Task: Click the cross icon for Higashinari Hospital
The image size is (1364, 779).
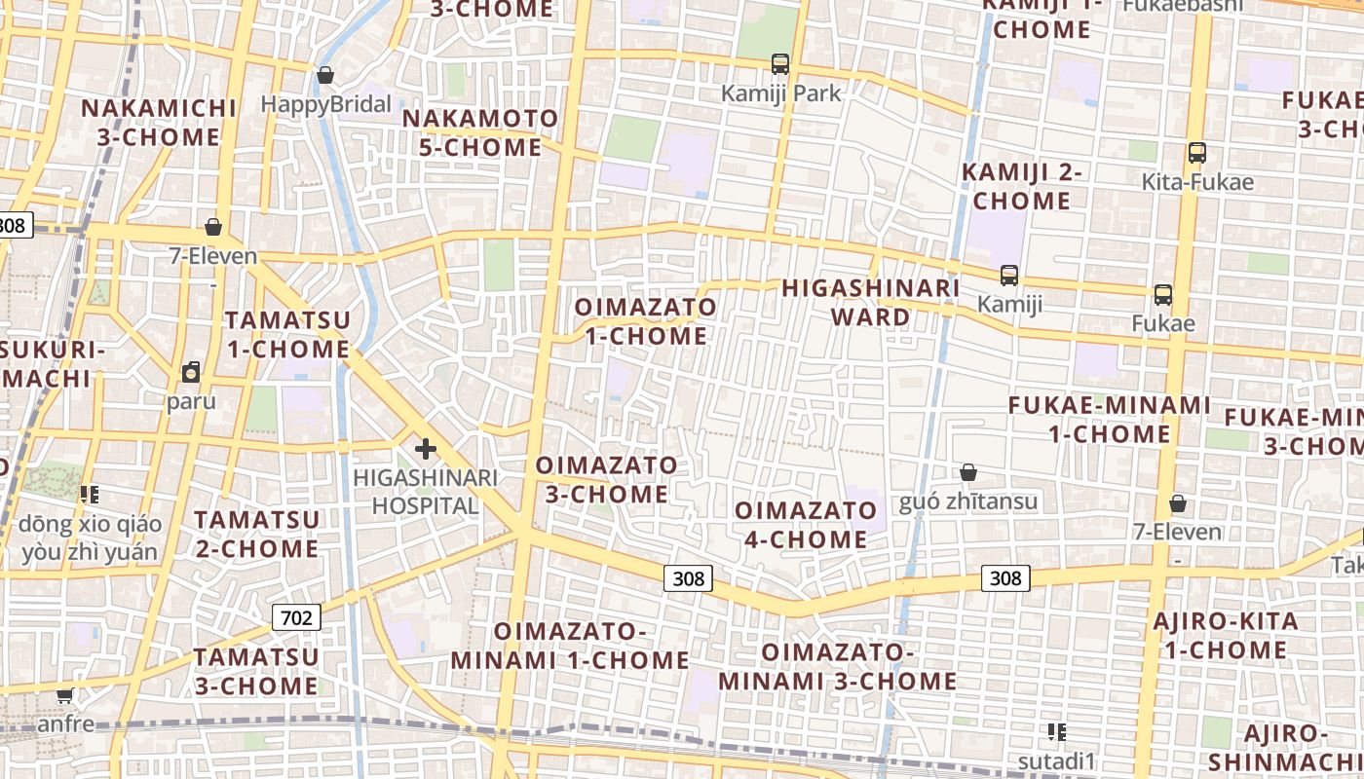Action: (426, 449)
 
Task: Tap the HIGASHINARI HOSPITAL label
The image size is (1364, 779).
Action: (426, 492)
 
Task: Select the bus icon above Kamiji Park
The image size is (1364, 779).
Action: (779, 64)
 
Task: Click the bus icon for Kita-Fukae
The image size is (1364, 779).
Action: (1197, 153)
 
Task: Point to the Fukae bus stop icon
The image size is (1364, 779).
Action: (1162, 295)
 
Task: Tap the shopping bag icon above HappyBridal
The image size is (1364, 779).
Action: (325, 75)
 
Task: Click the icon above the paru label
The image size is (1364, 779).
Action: (191, 372)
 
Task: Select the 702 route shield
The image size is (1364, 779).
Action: (295, 616)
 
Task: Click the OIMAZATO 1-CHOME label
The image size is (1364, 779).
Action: (645, 321)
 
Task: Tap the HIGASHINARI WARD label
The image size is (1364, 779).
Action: (871, 302)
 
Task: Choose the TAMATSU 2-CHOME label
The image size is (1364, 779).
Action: (257, 534)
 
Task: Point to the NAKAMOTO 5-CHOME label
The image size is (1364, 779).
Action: (480, 133)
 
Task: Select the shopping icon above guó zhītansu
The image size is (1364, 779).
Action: (968, 473)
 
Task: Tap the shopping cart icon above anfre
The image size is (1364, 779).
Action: (65, 695)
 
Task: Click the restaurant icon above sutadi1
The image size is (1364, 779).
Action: (1057, 732)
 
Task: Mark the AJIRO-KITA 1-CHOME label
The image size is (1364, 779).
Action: (1225, 635)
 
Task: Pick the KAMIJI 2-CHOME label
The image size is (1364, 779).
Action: (1022, 187)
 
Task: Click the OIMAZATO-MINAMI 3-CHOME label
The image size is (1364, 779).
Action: (837, 666)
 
